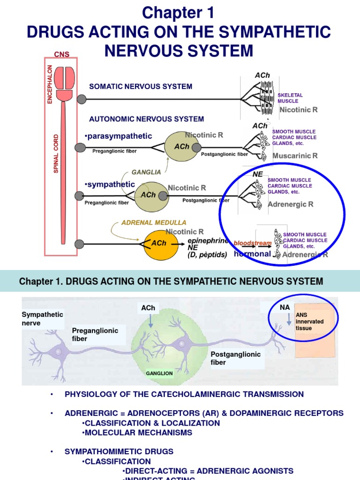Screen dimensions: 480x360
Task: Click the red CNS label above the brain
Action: click(61, 54)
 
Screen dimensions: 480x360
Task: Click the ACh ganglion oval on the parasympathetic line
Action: click(181, 147)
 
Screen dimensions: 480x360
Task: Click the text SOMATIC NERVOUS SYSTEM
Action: click(141, 86)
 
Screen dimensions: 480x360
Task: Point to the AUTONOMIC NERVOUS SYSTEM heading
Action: click(147, 119)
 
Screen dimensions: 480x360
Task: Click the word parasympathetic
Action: click(120, 136)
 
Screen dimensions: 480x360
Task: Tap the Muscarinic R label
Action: click(295, 156)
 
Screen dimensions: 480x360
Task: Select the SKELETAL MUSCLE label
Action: click(290, 98)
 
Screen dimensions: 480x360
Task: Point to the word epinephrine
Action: click(207, 240)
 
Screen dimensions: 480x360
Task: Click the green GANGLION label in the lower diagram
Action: click(159, 374)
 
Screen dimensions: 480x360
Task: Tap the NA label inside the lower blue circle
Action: click(285, 307)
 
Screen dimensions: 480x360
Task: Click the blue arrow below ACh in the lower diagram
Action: click(150, 321)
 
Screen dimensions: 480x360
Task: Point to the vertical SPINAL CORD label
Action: click(56, 154)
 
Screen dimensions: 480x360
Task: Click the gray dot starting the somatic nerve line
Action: click(82, 99)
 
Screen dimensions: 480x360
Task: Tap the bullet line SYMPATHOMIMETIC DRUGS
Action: click(119, 451)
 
